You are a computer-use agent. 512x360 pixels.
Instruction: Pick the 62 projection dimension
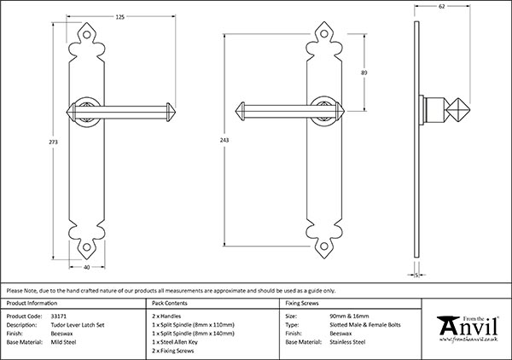pyautogui.click(x=442, y=6)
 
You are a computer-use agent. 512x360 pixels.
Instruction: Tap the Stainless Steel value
pyautogui.click(x=347, y=342)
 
